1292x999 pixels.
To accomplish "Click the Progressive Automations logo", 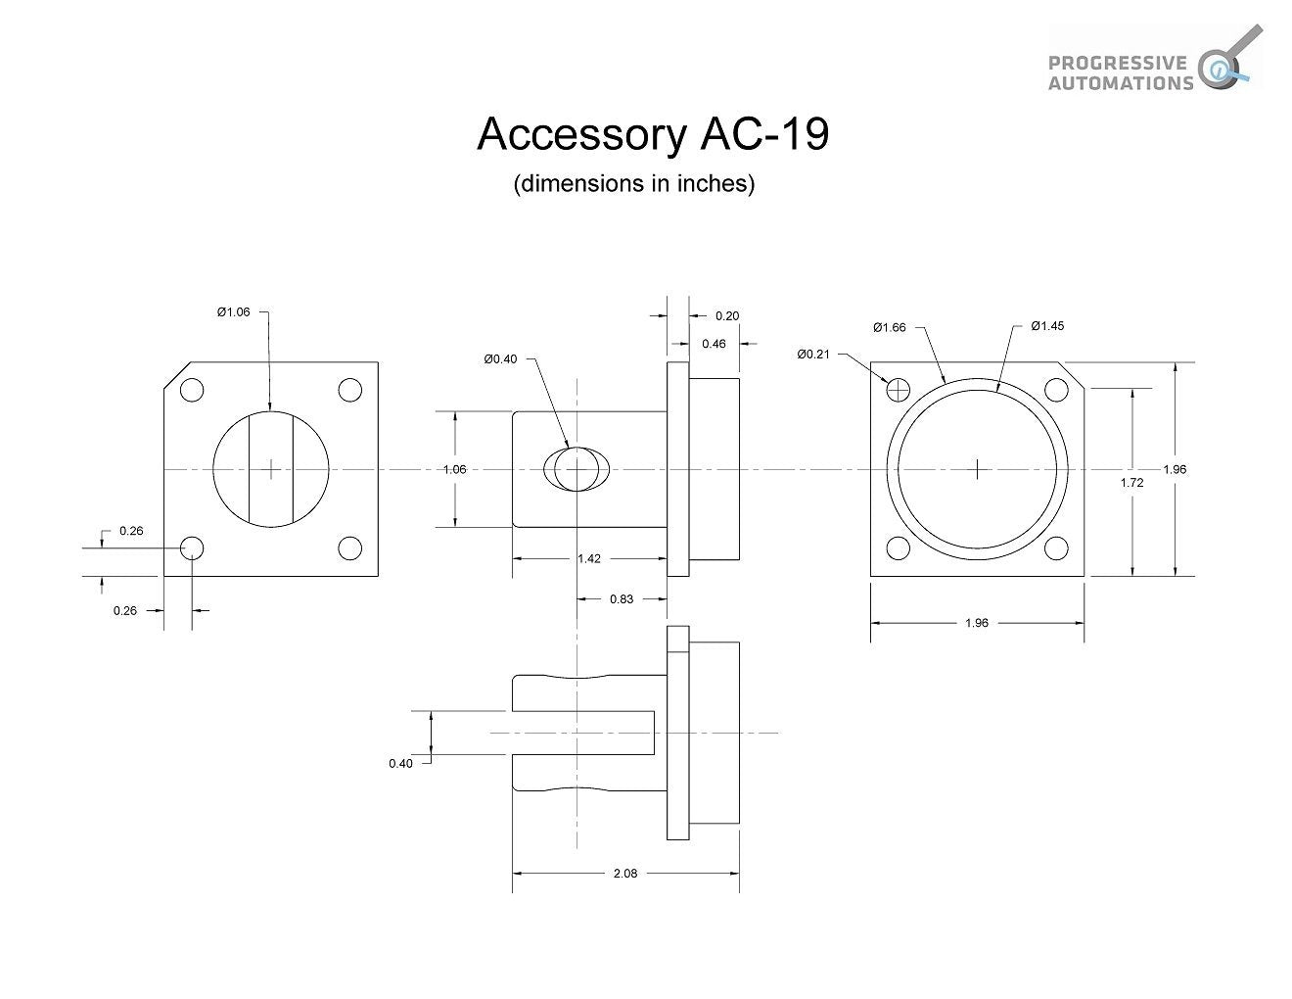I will (1155, 60).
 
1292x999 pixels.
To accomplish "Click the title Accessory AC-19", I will (653, 134).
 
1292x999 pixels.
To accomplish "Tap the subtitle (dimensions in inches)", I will (634, 184).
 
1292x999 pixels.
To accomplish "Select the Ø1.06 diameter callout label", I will (234, 311).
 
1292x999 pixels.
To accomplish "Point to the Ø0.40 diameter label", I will (500, 359).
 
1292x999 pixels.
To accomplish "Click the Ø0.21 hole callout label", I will (813, 354).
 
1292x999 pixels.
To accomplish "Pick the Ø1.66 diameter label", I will (890, 327).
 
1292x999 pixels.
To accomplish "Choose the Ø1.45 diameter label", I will (1046, 325).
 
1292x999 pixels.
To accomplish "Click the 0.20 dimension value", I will (727, 315).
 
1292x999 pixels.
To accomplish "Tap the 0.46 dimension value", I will (714, 344).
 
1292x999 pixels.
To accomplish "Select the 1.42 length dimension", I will (589, 558).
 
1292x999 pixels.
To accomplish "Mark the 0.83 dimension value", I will (622, 598).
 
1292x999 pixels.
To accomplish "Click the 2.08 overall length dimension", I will (625, 874).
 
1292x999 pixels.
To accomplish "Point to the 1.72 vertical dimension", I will (1131, 482).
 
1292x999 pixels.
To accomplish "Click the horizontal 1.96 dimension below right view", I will (977, 622).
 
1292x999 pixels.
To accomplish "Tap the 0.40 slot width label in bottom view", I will (400, 763).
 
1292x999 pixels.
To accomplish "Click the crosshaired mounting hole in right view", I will (899, 390).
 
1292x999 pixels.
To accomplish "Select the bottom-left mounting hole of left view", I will (192, 547).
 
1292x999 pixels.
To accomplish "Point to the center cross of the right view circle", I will (978, 469).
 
